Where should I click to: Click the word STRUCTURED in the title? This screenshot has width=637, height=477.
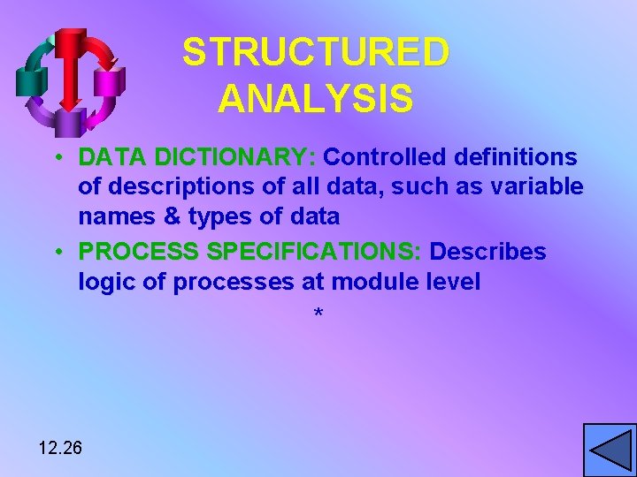pos(316,53)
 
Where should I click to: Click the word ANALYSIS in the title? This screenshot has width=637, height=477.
pos(315,99)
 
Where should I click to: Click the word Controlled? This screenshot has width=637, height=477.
pos(387,157)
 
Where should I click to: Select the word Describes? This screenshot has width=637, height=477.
pos(487,252)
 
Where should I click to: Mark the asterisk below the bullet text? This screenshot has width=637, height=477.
pos(318,314)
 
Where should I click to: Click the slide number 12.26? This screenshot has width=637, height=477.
pos(60,448)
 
